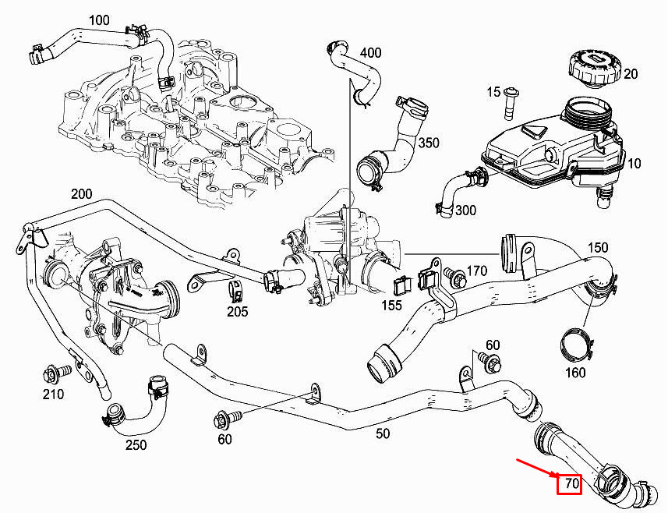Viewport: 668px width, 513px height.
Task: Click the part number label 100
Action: pos(99,19)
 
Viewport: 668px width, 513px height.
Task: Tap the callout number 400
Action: pos(370,53)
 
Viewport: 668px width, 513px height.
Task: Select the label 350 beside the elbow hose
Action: pos(428,143)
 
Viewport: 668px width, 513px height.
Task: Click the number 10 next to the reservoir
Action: pos(634,164)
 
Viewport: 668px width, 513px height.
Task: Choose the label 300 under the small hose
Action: pos(465,211)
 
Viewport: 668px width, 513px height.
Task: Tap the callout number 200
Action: pos(81,193)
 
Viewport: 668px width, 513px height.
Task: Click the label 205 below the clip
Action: pos(237,312)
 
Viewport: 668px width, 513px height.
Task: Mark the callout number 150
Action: pos(597,248)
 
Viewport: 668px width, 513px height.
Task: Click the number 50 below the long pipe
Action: pos(382,433)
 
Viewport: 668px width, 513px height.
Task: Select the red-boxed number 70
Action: pos(571,484)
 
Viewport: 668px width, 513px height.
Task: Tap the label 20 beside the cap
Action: pos(631,74)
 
